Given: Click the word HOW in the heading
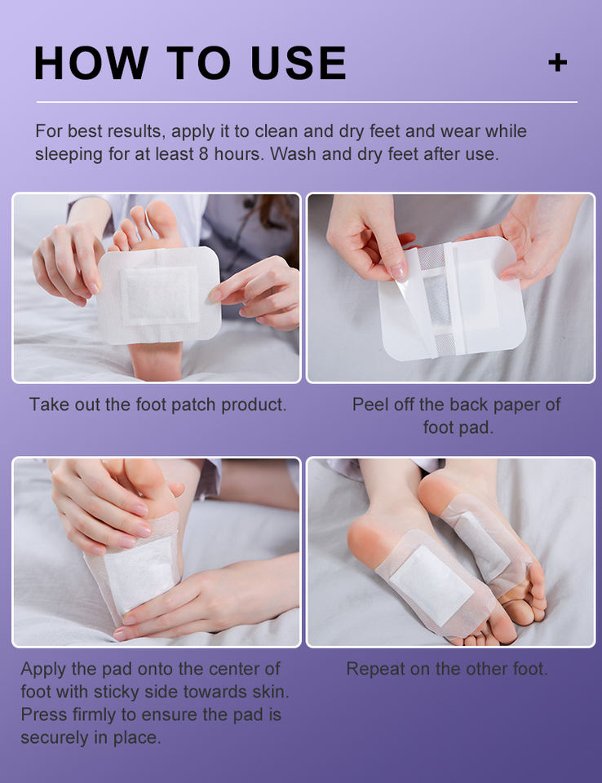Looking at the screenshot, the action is tap(91, 63).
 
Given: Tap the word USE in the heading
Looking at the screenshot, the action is tap(299, 63).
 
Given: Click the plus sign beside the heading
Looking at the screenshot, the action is tap(557, 63).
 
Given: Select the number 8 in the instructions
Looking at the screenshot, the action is tap(203, 154).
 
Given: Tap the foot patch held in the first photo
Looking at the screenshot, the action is tap(159, 295).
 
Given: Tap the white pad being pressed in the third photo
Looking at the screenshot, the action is tap(139, 573).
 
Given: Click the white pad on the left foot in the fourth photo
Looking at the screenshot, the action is tap(432, 585).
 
